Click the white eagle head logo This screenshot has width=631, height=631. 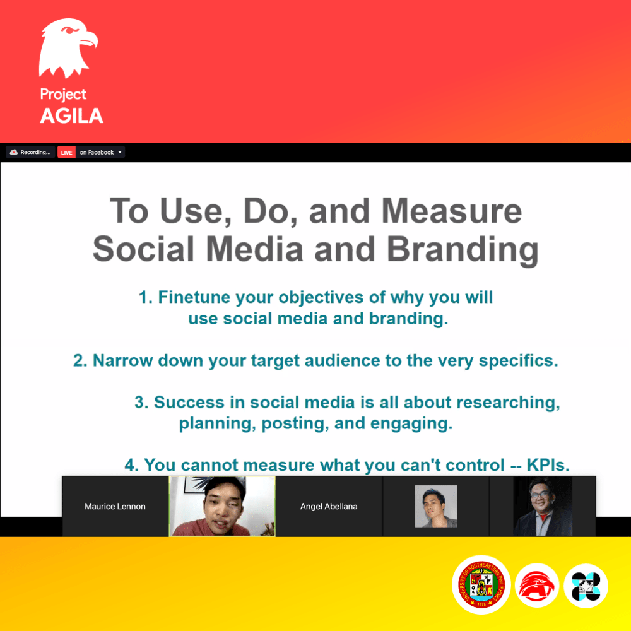68,49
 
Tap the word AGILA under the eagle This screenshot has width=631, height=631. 72,116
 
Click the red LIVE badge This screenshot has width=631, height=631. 66,153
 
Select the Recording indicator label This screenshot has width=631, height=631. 30,152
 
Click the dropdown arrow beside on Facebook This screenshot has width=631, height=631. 120,152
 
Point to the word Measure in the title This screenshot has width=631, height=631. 452,211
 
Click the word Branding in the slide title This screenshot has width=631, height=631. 463,249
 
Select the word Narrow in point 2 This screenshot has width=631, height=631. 123,360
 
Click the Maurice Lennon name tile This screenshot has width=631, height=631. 115,506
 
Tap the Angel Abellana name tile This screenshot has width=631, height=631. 329,506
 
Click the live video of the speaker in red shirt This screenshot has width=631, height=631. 222,506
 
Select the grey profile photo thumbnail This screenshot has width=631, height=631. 435,506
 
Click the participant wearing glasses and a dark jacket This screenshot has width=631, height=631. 543,506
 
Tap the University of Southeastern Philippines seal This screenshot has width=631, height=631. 481,585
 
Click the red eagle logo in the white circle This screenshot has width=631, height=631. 537,585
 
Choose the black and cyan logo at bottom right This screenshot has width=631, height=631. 586,586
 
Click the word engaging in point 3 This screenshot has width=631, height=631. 411,424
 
